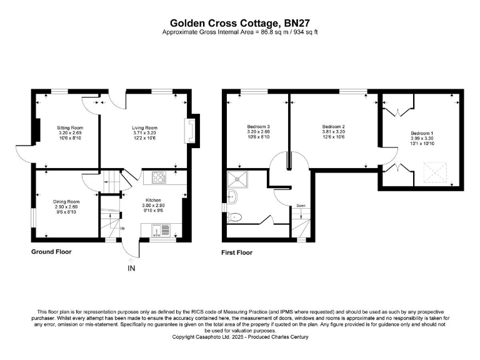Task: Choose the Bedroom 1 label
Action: click(421, 133)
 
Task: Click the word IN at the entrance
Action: click(131, 269)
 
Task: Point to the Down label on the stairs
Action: click(301, 206)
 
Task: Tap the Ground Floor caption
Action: click(51, 252)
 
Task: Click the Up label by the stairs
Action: click(122, 228)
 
